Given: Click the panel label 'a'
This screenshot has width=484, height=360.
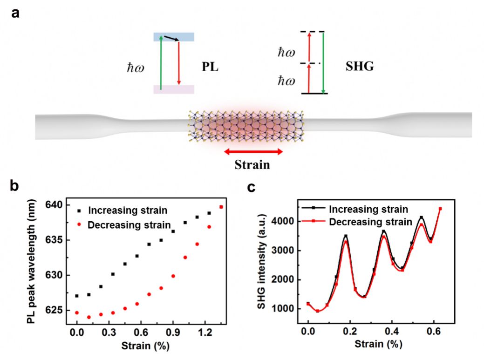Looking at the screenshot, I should pos(15,13).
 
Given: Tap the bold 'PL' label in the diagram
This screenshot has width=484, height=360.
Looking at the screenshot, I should pos(210,67).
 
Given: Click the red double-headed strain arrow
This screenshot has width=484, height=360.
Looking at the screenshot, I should pos(253,151).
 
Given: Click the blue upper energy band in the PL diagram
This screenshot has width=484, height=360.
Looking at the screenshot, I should pos(174,37).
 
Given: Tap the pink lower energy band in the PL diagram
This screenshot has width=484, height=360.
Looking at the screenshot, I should pos(174,89).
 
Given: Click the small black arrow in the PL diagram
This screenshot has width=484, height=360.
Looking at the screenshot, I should pos(171,39).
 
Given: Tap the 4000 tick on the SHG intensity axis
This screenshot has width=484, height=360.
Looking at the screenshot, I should pos(284,222).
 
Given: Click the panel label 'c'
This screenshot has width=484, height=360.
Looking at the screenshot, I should pos(251,187).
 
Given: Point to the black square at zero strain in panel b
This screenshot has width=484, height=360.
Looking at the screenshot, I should pos(76,296).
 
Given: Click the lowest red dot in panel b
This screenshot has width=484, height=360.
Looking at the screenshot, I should pos(89,317).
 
